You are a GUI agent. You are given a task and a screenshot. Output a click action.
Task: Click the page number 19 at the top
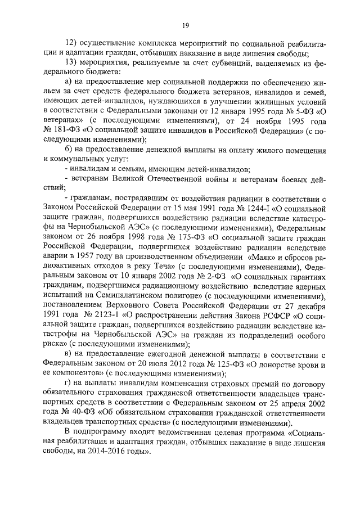184,24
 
